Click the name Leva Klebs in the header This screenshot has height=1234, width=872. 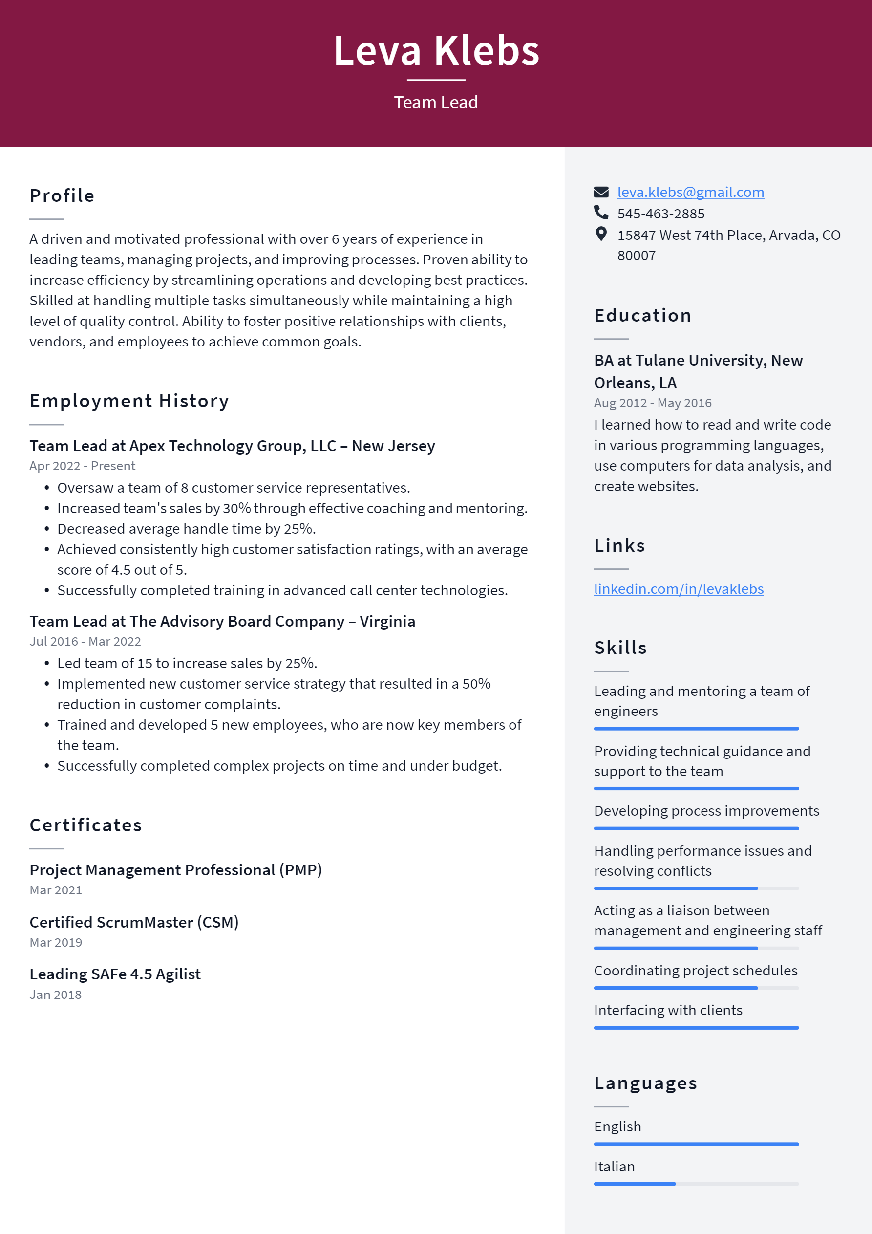coord(436,50)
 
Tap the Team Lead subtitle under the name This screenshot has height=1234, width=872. coord(436,102)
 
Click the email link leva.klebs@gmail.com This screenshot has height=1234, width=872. coord(690,193)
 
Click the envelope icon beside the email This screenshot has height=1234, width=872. coord(601,193)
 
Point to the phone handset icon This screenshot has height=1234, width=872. coord(601,213)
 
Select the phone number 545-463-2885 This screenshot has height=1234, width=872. coord(660,214)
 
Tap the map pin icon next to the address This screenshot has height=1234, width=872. coord(601,234)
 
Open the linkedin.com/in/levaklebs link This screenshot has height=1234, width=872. coord(678,589)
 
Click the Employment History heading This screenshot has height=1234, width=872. coord(129,401)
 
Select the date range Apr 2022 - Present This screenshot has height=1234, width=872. coord(82,466)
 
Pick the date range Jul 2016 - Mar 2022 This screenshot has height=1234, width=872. coord(85,641)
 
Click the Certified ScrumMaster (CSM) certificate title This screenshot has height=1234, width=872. coord(134,922)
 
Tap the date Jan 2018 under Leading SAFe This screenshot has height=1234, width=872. coord(55,995)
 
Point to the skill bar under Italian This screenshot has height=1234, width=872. coord(696,1184)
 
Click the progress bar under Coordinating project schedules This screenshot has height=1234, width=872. coord(696,988)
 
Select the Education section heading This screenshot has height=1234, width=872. coord(642,316)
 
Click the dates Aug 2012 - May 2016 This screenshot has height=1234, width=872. coord(652,403)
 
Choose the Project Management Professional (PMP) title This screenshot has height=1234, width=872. coord(176,870)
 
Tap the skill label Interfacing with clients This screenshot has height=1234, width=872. coord(668,1011)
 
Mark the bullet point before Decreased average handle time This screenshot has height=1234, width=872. coord(47,529)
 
